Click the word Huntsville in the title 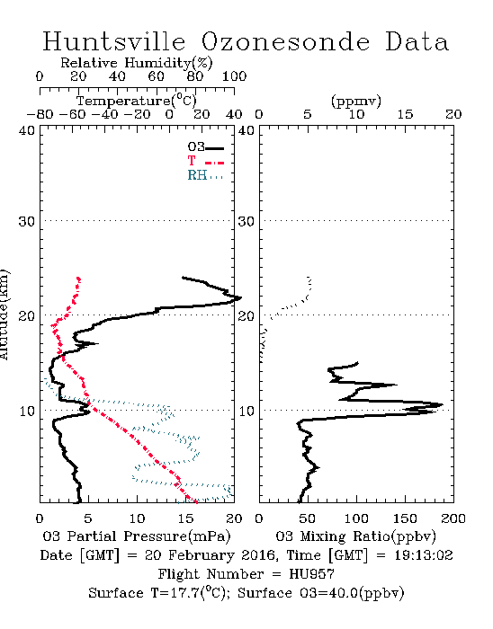[114, 41]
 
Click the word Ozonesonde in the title [285, 41]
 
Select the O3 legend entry [205, 147]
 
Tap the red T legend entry [205, 161]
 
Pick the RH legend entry [205, 175]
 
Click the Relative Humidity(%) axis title [137, 63]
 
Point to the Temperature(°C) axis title [137, 101]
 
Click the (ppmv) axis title [356, 101]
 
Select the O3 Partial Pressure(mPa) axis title [137, 536]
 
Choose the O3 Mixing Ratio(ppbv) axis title [355, 536]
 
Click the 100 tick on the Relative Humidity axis [235, 76]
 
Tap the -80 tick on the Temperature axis [40, 115]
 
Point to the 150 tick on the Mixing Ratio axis [405, 518]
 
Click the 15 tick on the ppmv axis [405, 115]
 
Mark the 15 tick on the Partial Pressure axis [185, 518]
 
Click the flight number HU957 [312, 574]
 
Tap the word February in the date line [202, 556]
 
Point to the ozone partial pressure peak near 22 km [240, 298]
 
